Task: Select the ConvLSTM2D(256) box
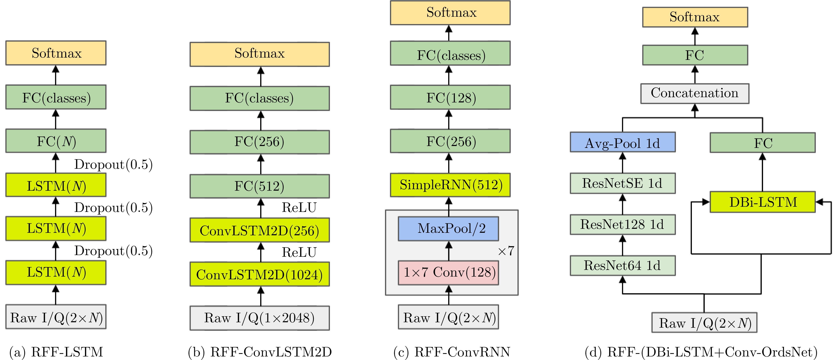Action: tap(260, 230)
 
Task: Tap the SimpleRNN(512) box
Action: tap(451, 185)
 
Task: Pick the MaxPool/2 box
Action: tap(448, 229)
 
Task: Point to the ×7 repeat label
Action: tap(506, 251)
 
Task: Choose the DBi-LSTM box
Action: tap(762, 202)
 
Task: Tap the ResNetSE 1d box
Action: tap(622, 183)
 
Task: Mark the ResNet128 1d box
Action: tap(622, 224)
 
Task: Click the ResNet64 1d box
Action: tap(622, 265)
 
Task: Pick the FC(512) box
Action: tap(260, 186)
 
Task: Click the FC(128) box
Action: tap(451, 98)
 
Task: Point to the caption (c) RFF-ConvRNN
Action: tap(452, 352)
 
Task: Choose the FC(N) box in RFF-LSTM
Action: tap(56, 141)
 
